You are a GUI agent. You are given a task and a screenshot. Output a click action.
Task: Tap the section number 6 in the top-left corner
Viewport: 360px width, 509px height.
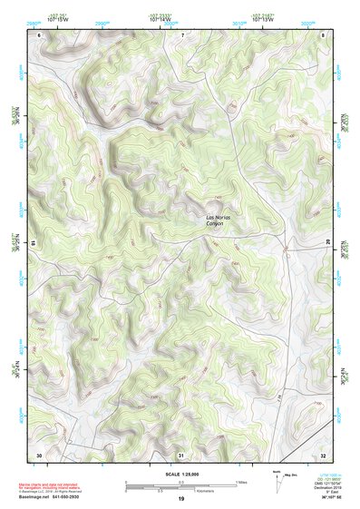pyautogui.click(x=40, y=34)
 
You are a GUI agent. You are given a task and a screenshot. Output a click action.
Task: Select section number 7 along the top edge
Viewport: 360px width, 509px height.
pyautogui.click(x=181, y=34)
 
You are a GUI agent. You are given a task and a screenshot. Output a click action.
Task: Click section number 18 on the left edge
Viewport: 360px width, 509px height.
pyautogui.click(x=34, y=243)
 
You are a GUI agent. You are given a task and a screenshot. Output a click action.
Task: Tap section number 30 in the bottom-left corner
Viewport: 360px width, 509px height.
pyautogui.click(x=39, y=454)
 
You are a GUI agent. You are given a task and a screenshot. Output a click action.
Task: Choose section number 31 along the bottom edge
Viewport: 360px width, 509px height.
pyautogui.click(x=181, y=454)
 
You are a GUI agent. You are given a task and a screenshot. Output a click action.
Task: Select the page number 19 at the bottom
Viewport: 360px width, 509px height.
pyautogui.click(x=180, y=500)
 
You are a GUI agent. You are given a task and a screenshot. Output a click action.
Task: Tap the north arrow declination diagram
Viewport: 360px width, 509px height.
pyautogui.click(x=277, y=483)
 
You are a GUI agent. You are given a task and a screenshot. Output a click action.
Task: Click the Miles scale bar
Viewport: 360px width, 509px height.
pyautogui.click(x=181, y=484)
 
